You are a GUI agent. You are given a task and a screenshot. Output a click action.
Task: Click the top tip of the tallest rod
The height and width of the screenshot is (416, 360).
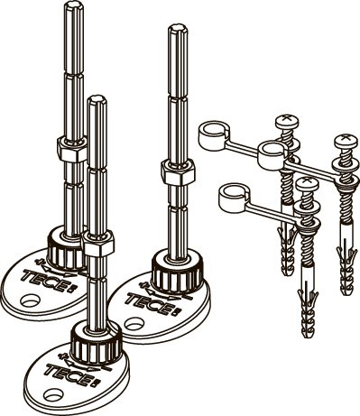tap(74, 2)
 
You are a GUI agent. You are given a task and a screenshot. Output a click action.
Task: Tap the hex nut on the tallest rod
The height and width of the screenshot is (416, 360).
tap(72, 149)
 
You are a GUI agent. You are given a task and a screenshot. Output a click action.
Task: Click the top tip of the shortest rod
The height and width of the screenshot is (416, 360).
tap(97, 97)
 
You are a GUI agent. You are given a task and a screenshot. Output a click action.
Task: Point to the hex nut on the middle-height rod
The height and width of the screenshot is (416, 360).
tap(178, 172)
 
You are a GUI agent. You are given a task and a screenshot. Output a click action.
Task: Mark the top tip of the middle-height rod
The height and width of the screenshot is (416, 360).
tap(178, 25)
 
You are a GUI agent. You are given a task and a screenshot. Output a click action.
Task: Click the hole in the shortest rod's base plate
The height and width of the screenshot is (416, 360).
tap(52, 394)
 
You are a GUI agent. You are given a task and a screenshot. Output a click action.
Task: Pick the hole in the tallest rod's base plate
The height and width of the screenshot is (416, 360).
tap(30, 300)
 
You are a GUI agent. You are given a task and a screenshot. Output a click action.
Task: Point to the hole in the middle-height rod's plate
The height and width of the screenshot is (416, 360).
tap(134, 324)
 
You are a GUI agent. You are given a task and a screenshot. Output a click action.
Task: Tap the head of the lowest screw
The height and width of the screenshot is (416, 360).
tap(307, 183)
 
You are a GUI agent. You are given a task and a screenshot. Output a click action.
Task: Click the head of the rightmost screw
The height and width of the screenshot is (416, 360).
tap(346, 141)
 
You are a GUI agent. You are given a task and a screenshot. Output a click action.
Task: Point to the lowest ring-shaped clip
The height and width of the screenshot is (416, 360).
tap(233, 198)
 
